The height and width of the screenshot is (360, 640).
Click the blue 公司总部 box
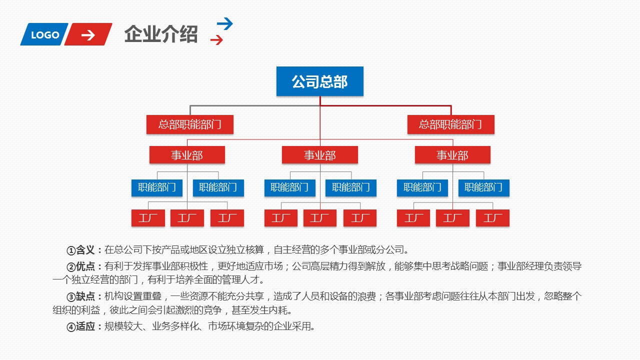click(320, 81)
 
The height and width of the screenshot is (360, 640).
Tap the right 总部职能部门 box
click(450, 124)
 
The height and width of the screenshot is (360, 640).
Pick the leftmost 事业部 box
click(187, 155)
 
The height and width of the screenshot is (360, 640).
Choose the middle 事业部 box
click(320, 155)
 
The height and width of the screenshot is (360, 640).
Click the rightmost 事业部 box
click(452, 155)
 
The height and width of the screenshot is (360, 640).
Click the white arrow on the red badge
click(88, 34)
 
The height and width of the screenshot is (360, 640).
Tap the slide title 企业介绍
click(161, 34)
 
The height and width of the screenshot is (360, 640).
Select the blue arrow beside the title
click(225, 23)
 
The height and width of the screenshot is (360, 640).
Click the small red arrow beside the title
click(216, 40)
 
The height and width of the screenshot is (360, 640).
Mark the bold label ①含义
click(84, 250)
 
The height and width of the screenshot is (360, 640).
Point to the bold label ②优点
click(84, 266)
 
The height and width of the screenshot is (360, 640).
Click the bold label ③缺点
click(84, 296)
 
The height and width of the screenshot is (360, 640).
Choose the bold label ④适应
click(84, 327)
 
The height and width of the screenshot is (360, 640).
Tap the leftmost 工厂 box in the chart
click(148, 218)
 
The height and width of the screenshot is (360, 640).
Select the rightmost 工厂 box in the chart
click(492, 218)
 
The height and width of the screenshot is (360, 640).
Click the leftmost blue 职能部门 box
click(157, 187)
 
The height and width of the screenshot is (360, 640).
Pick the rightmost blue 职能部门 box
click(483, 187)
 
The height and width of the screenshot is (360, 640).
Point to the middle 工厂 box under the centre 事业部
click(320, 218)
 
